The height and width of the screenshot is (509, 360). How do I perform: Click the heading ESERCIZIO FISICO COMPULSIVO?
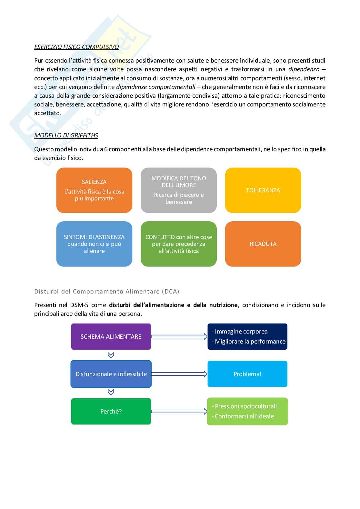76,47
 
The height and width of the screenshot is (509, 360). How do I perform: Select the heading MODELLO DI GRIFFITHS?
66,135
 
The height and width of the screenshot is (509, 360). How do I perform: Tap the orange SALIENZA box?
94,190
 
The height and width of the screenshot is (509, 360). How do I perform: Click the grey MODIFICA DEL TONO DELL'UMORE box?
179,190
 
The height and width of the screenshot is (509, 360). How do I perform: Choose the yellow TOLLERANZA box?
263,190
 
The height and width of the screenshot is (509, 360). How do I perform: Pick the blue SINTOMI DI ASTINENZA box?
94,244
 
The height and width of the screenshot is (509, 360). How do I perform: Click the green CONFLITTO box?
179,244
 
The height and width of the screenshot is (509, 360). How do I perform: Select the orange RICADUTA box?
263,244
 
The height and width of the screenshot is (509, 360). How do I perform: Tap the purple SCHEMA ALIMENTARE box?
111,336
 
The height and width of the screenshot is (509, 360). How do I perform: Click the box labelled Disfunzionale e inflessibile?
111,374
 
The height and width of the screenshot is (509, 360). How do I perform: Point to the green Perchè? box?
111,412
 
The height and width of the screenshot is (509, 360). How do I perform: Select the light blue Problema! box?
247,374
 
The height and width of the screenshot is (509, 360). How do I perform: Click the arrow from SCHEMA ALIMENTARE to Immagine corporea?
179,336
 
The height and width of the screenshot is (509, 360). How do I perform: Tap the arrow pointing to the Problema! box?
179,374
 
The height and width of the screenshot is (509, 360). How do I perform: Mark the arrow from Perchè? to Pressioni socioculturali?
179,412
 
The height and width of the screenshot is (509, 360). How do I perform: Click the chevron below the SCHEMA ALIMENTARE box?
111,355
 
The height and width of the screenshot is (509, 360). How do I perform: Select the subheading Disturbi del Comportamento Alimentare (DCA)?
107,292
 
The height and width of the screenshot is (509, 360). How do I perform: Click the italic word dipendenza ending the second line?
304,69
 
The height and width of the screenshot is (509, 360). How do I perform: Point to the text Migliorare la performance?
250,342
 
